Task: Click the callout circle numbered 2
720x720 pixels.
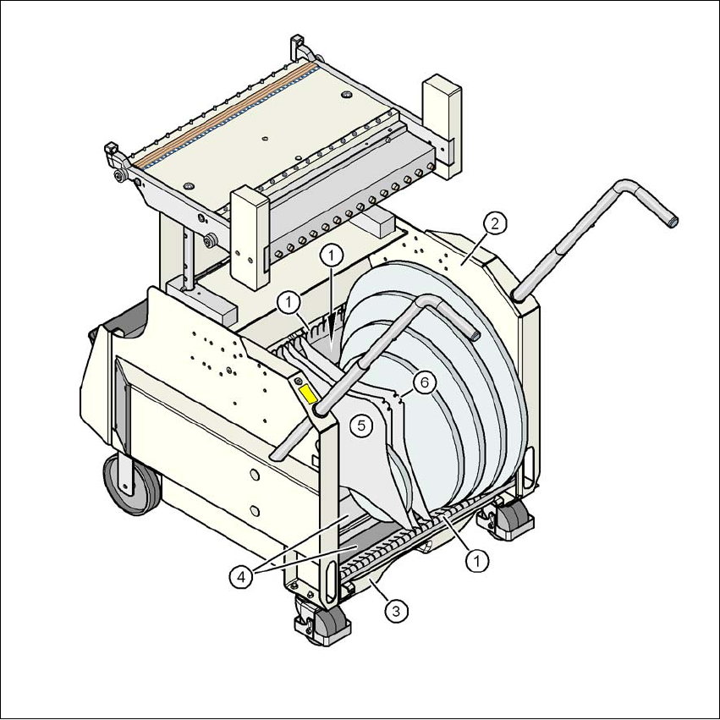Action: click(495, 224)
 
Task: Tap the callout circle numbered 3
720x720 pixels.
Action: click(396, 611)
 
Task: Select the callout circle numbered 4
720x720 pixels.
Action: click(241, 577)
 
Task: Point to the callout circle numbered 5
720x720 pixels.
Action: click(361, 426)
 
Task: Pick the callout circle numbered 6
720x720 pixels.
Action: click(424, 382)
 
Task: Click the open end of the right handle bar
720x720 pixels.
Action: click(673, 223)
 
